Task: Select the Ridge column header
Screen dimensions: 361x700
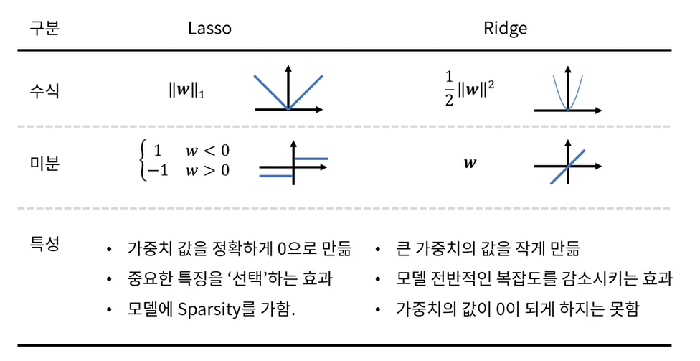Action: pyautogui.click(x=505, y=28)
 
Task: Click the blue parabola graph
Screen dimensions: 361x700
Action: pyautogui.click(x=567, y=92)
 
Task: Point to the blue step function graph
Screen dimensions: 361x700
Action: pyautogui.click(x=293, y=166)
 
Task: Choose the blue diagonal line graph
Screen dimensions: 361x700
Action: pyautogui.click(x=567, y=167)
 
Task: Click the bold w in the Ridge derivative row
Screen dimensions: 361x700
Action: pyautogui.click(x=470, y=164)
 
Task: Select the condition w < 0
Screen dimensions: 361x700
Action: pyautogui.click(x=208, y=151)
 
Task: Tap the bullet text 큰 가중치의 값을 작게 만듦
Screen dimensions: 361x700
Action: pyautogui.click(x=488, y=250)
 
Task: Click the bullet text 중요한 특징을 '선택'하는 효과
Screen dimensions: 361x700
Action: pyautogui.click(x=229, y=280)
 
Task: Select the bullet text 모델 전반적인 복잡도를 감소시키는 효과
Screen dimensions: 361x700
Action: pyautogui.click(x=534, y=280)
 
